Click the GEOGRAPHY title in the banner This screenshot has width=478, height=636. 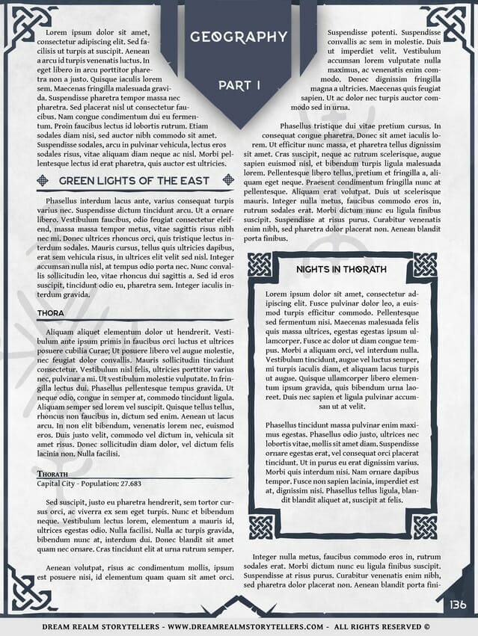[x=239, y=37]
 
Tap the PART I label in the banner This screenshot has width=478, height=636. [x=239, y=85]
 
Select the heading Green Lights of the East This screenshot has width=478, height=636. [x=134, y=181]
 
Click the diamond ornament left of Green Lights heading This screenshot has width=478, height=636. [x=43, y=180]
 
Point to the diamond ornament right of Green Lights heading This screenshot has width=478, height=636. [x=228, y=180]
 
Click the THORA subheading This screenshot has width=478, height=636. [x=50, y=312]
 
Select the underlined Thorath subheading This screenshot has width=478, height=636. [x=52, y=474]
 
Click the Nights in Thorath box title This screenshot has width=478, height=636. [x=341, y=268]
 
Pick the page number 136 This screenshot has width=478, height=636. [x=458, y=604]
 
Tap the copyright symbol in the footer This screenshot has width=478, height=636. [x=426, y=626]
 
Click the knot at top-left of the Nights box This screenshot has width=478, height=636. [x=260, y=264]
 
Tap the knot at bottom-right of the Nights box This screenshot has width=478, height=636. [x=424, y=526]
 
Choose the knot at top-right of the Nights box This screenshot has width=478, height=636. [x=424, y=264]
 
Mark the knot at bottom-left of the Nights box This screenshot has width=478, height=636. [x=260, y=526]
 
